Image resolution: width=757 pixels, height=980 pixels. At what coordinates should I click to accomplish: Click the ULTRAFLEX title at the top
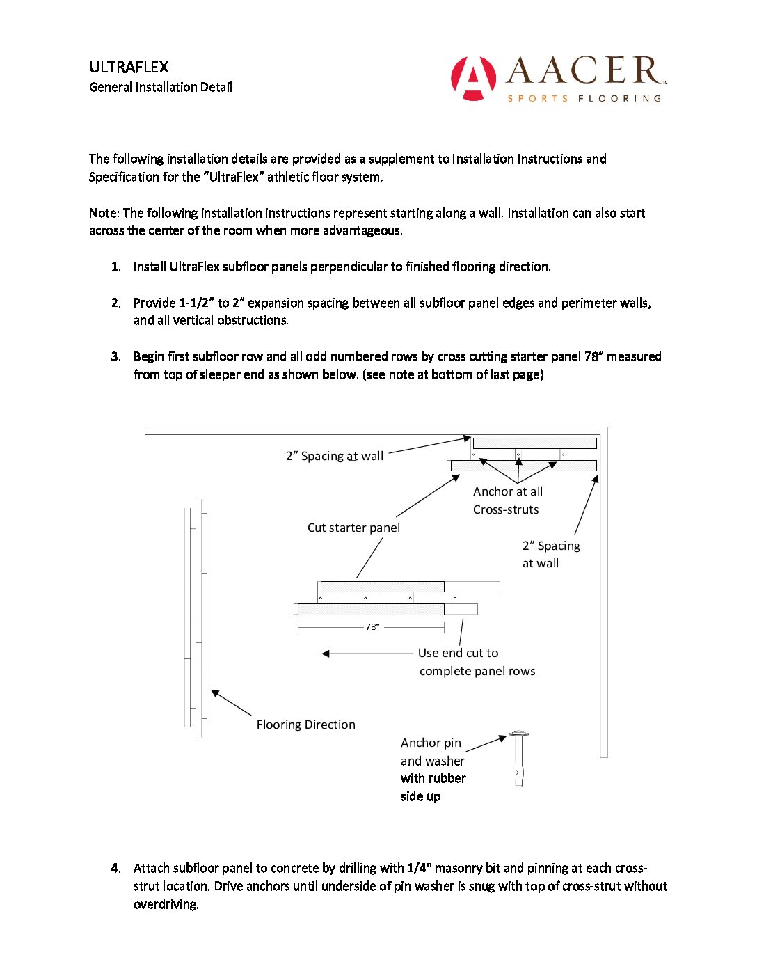129,68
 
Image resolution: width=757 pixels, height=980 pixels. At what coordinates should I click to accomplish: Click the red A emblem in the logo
473,77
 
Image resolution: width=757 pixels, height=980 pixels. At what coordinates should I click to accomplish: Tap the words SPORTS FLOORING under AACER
584,99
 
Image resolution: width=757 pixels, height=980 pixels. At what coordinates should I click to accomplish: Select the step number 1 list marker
115,267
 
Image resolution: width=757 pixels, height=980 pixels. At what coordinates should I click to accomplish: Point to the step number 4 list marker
115,868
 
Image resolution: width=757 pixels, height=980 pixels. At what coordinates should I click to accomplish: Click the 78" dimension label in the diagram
372,627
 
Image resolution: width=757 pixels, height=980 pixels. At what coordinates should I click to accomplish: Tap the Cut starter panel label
353,528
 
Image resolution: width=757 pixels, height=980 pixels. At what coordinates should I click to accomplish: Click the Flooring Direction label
305,725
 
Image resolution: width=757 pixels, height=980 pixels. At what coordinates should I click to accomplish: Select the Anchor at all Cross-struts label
507,500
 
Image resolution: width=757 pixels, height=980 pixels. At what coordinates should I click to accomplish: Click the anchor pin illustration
518,760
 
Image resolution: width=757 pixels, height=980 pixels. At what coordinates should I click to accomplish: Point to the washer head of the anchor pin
518,734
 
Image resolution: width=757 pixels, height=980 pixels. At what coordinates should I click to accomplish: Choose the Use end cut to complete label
477,662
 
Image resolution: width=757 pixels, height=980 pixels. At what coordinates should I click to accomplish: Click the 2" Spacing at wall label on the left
335,456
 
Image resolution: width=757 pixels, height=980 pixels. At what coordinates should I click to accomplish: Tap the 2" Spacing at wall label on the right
551,554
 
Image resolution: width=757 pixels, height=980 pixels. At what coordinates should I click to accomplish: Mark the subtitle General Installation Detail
161,87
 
